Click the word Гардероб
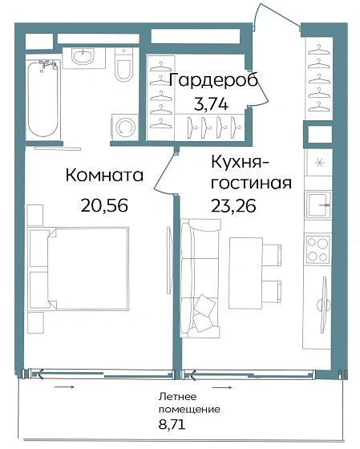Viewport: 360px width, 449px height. [x=206, y=80]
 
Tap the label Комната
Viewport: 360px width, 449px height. [x=104, y=176]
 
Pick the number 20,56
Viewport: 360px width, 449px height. [x=104, y=204]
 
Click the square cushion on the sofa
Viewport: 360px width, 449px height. [x=206, y=305]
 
